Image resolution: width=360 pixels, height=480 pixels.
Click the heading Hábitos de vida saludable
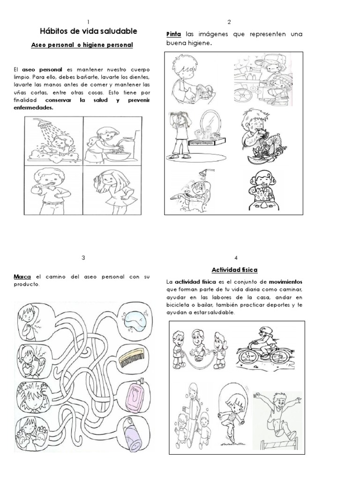[x=89, y=31]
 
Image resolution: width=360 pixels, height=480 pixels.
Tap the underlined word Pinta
[x=173, y=34]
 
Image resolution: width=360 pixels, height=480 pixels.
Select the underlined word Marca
[x=22, y=277]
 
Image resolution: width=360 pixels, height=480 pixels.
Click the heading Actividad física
[x=234, y=270]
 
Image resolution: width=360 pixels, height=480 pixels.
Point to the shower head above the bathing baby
[x=39, y=121]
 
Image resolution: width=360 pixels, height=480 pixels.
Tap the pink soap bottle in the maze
[x=135, y=394]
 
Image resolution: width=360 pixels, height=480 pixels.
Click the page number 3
[x=83, y=258]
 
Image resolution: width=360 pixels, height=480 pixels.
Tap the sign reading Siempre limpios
[x=202, y=143]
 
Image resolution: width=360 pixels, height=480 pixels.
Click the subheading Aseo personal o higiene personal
[x=82, y=45]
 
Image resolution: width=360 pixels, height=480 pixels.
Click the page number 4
[x=235, y=258]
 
